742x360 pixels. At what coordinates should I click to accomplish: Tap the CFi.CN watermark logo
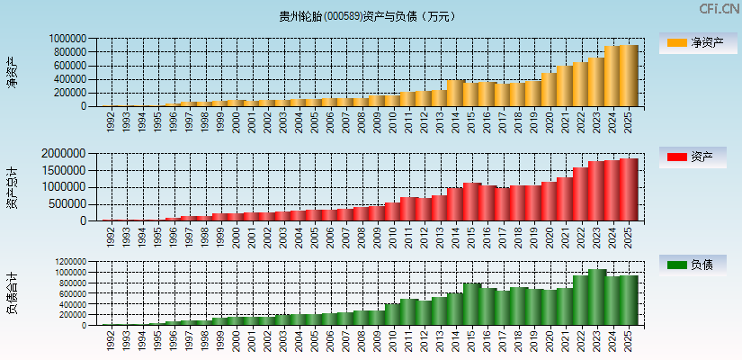(720, 9)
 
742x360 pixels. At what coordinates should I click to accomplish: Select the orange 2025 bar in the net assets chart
(630, 76)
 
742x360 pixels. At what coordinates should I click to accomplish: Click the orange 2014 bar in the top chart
(456, 94)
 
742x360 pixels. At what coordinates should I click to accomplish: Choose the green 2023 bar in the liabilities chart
(596, 297)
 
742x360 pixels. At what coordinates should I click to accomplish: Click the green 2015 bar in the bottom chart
(472, 304)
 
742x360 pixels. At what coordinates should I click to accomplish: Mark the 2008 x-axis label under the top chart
(362, 121)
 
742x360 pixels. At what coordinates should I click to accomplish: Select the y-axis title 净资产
(12, 71)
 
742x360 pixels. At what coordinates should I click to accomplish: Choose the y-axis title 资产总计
(12, 188)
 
